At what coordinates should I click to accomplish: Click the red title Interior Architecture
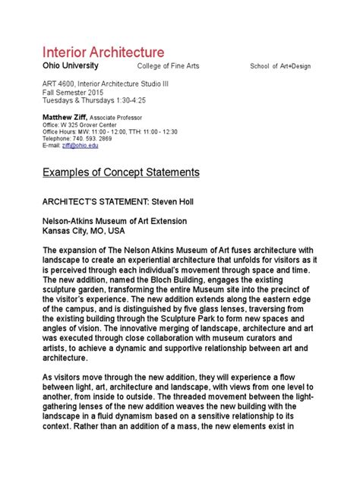pyautogui.click(x=103, y=52)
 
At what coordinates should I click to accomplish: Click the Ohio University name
pyautogui.click(x=68, y=66)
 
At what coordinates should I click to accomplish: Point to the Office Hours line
pyautogui.click(x=110, y=132)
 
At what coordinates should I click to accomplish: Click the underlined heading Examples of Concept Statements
pyautogui.click(x=120, y=173)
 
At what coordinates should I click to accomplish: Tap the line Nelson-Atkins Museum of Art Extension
pyautogui.click(x=114, y=221)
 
